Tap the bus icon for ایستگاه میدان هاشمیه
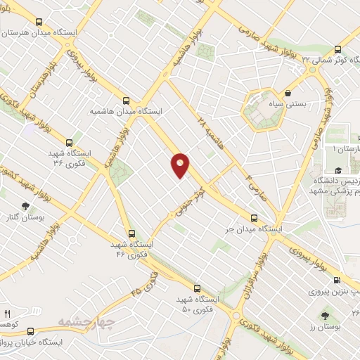click(x=127, y=100)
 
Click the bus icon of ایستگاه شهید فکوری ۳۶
click(x=68, y=142)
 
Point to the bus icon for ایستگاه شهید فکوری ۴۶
click(x=131, y=233)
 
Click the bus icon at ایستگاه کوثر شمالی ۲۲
click(x=337, y=50)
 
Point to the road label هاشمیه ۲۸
click(x=204, y=134)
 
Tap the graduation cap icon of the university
click(x=338, y=171)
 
